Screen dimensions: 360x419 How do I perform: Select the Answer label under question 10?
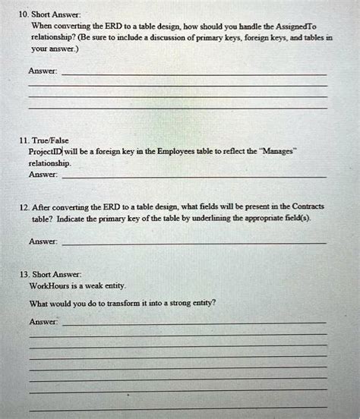coord(42,73)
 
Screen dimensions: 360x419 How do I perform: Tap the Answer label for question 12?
coord(42,242)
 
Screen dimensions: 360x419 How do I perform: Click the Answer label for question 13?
coord(42,321)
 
